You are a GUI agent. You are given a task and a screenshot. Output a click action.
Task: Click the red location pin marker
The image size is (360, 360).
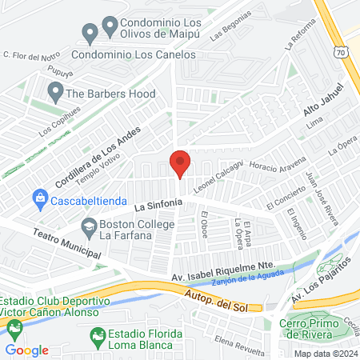coord(180,162)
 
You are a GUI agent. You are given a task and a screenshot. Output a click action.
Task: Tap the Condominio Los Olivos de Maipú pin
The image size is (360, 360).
coord(90,33)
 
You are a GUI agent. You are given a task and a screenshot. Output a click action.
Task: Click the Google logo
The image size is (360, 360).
coord(26,350)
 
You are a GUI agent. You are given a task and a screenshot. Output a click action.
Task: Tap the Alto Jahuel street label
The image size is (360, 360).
coord(323,103)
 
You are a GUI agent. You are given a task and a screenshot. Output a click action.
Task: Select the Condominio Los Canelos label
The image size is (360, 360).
coord(134,54)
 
